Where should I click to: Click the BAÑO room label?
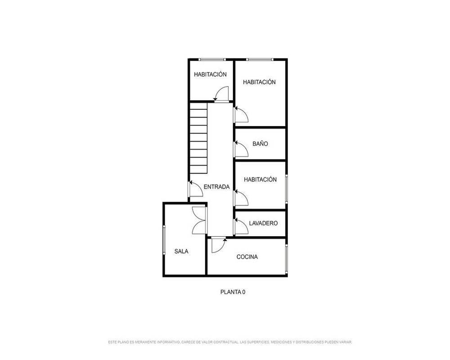point(260,144)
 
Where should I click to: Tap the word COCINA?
point(247,257)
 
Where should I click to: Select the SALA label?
point(181,252)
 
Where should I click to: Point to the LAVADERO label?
point(263,223)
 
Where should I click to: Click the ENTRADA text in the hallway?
point(217,187)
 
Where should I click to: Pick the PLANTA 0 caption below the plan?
point(233,292)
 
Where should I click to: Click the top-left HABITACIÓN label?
point(210,74)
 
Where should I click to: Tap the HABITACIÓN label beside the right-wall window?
point(260,180)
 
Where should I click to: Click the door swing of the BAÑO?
point(241,148)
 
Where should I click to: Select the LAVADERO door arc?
point(241,226)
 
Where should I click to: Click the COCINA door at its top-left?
point(219,245)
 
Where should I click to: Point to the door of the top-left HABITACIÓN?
point(221,94)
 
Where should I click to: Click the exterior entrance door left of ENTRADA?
point(195,189)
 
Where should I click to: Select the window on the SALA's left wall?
point(164,240)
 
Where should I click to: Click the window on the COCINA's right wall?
point(286,257)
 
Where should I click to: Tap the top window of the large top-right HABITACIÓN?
point(260,59)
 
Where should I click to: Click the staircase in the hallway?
point(198,138)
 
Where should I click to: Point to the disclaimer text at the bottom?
point(230,342)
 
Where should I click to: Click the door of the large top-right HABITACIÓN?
point(241,114)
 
